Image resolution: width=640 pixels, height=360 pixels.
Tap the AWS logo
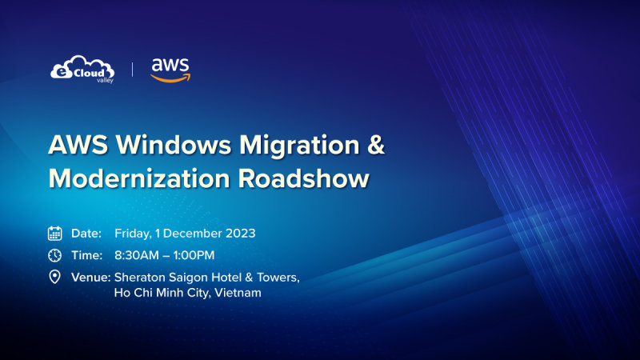[x=170, y=70]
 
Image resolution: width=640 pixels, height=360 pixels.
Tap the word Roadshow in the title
[x=302, y=178]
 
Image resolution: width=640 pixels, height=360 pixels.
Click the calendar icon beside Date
[x=55, y=234]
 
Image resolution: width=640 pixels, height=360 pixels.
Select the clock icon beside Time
[x=55, y=255]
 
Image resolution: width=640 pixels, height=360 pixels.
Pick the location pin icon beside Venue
[x=55, y=277]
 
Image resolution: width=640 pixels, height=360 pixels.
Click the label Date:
[x=86, y=234]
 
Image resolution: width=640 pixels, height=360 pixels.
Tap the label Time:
[x=86, y=255]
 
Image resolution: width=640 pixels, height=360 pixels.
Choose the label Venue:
[x=90, y=277]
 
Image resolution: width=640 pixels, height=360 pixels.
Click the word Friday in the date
[x=133, y=234]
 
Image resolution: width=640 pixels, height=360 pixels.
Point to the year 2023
[x=239, y=234]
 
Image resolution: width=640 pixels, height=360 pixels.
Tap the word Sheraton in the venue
[x=140, y=277]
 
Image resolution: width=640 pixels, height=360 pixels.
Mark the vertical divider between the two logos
[x=133, y=69]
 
